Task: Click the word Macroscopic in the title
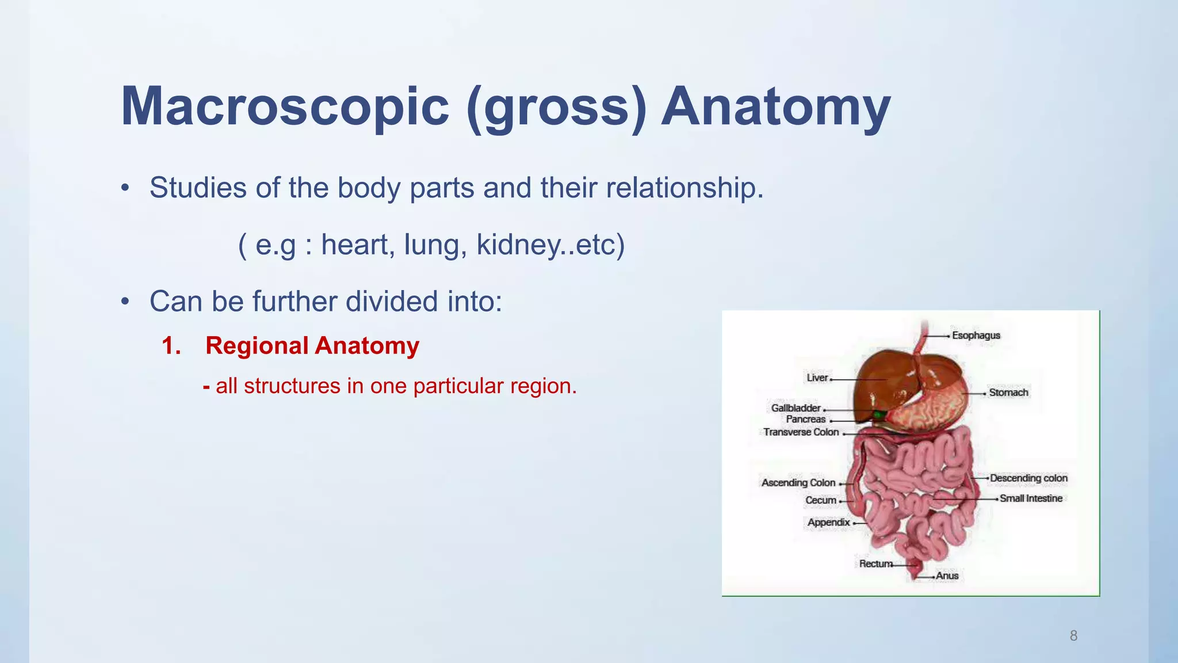tap(285, 107)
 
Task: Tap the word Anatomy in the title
tap(776, 107)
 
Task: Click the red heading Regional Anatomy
tap(312, 345)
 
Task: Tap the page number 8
tap(1073, 635)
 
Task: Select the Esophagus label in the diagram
tap(976, 336)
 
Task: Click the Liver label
tap(817, 378)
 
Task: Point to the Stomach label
tap(1008, 393)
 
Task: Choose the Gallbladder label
tap(795, 408)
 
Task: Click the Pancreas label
tap(805, 420)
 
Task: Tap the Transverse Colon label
tap(801, 432)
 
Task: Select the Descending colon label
tap(1028, 478)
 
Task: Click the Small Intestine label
tap(1031, 498)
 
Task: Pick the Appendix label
tap(828, 523)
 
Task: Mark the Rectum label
tap(875, 564)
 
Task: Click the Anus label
tap(947, 576)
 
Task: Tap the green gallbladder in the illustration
tap(879, 414)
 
